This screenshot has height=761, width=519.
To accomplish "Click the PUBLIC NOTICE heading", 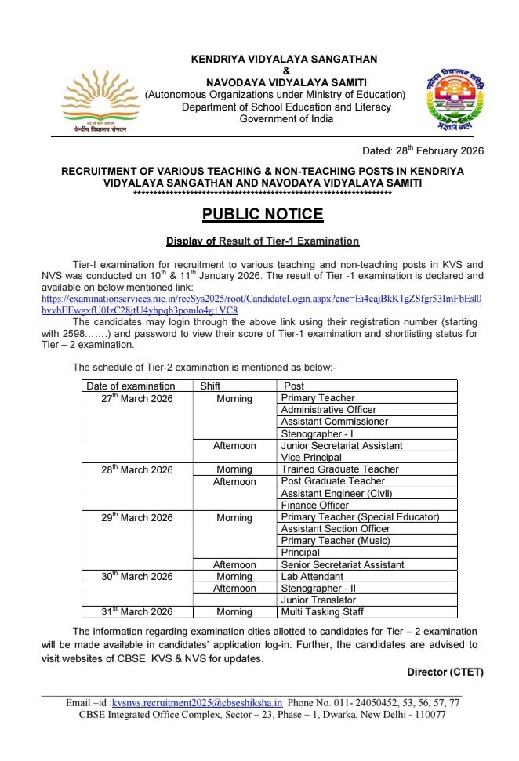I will pyautogui.click(x=263, y=215).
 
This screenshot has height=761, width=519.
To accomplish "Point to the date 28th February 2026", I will pyautogui.click(x=423, y=150).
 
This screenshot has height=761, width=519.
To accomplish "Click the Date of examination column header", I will pyautogui.click(x=131, y=386).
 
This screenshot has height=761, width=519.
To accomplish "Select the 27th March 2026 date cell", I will pyautogui.click(x=130, y=399).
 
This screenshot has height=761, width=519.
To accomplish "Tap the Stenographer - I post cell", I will pyautogui.click(x=317, y=433).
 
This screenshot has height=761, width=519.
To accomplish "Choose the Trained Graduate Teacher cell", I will pyautogui.click(x=339, y=469).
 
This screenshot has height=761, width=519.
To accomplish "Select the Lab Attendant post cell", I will pyautogui.click(x=312, y=577).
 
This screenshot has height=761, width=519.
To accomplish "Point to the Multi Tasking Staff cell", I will pyautogui.click(x=321, y=612).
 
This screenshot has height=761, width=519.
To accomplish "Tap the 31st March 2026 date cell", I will pyautogui.click(x=130, y=612).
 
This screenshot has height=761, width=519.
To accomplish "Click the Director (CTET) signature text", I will pyautogui.click(x=445, y=672).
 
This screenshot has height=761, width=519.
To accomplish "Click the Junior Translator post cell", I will pyautogui.click(x=318, y=600).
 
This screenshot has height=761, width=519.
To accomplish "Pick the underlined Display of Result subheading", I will pyautogui.click(x=262, y=241).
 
